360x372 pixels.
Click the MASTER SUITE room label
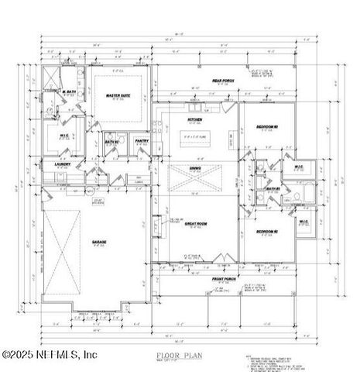(x=117, y=95)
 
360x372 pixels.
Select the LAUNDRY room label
(x=62, y=164)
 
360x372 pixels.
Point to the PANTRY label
(x=142, y=140)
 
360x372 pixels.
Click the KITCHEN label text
(x=195, y=120)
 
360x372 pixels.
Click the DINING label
(x=195, y=167)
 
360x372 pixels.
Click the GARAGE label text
(x=99, y=242)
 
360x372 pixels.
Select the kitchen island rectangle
(x=195, y=137)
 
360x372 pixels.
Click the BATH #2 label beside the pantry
(x=111, y=141)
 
